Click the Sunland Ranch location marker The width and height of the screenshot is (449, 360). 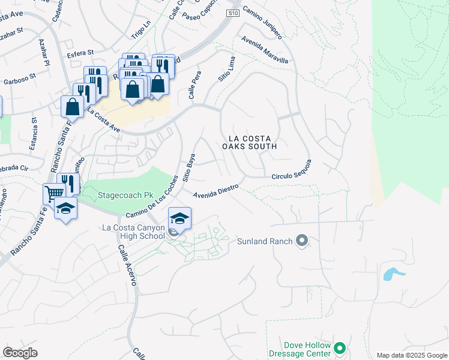click(x=302, y=241)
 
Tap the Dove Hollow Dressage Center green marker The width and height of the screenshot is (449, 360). click(x=340, y=348)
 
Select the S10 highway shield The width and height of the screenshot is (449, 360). click(x=234, y=13)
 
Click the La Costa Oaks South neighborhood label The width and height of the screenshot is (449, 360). click(x=249, y=142)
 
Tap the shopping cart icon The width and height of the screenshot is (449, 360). click(x=54, y=194)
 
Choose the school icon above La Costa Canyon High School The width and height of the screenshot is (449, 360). click(x=179, y=218)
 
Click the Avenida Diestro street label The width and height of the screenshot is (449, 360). click(x=216, y=191)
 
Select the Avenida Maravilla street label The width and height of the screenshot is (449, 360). click(x=265, y=50)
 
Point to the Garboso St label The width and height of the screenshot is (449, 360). click(x=20, y=79)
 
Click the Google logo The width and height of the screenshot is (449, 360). click(x=20, y=353)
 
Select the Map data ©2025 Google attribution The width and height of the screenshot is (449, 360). click(x=411, y=355)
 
